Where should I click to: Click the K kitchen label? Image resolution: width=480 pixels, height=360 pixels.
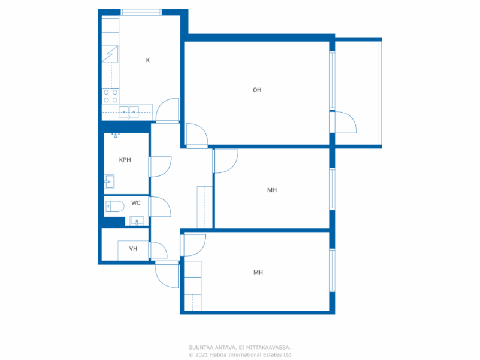tap(148, 60)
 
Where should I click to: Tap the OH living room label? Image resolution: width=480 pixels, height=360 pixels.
tap(257, 90)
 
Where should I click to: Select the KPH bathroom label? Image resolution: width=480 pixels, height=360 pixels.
tap(125, 160)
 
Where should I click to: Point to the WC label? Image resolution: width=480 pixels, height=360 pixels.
tap(136, 203)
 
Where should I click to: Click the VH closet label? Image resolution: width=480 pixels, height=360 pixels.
tap(133, 249)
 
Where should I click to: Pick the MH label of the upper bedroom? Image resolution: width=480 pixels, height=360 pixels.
tap(272, 190)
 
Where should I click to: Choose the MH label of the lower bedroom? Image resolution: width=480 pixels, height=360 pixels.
tap(258, 272)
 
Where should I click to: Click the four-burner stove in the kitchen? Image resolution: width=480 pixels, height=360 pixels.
tap(110, 96)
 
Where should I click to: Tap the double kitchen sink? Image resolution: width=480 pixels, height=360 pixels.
tap(129, 112)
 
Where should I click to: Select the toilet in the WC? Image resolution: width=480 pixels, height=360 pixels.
tap(115, 207)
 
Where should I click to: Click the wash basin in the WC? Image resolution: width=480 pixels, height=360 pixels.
tap(136, 221)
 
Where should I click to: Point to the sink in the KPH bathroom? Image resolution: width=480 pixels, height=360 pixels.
tap(109, 181)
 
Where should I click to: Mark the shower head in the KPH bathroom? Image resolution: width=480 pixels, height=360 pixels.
tap(115, 135)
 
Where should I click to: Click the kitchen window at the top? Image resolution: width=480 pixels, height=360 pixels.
tap(141, 12)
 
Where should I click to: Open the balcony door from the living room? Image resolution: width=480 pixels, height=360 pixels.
tap(343, 122)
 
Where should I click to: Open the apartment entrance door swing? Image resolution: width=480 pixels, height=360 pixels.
tap(167, 274)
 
